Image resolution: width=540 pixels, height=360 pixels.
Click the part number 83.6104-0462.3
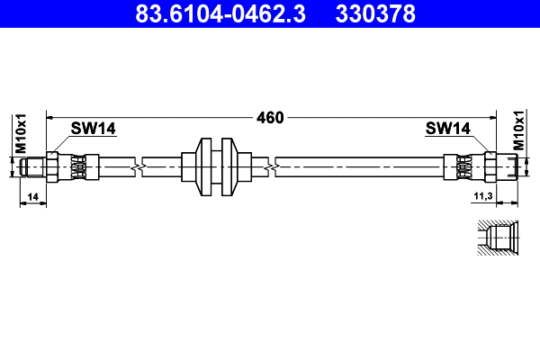click(x=214, y=13)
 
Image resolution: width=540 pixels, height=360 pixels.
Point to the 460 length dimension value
click(x=269, y=117)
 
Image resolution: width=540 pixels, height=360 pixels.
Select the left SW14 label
click(x=94, y=130)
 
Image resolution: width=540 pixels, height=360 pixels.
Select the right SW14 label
click(x=448, y=130)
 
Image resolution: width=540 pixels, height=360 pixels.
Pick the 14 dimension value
click(x=32, y=195)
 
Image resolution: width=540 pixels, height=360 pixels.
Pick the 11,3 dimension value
click(x=483, y=195)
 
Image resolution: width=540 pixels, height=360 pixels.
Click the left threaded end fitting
click(x=35, y=166)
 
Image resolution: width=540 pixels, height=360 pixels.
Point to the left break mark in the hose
click(x=137, y=166)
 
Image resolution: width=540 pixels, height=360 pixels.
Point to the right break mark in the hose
click(x=271, y=166)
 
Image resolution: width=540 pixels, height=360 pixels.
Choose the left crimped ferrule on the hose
click(x=80, y=166)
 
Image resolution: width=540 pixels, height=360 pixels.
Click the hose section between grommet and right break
click(x=256, y=166)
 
